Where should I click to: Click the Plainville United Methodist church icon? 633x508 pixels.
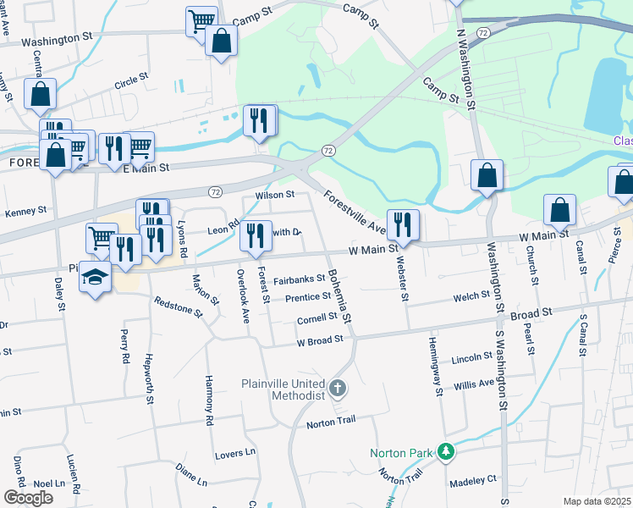pyautogui.click(x=337, y=389)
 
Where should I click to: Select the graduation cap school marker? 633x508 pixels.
pyautogui.click(x=95, y=279)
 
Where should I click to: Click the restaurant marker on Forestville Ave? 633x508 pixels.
pyautogui.click(x=403, y=225)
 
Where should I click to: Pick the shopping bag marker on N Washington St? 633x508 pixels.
pyautogui.click(x=487, y=175)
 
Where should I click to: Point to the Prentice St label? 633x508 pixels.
pyautogui.click(x=307, y=297)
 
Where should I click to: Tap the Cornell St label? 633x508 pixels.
pyautogui.click(x=316, y=319)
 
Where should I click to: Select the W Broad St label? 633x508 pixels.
pyautogui.click(x=319, y=341)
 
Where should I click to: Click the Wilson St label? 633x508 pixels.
pyautogui.click(x=274, y=195)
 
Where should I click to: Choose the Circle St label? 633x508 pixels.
pyautogui.click(x=131, y=86)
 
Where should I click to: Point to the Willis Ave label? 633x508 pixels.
pyautogui.click(x=473, y=383)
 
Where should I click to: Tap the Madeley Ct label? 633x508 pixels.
pyautogui.click(x=473, y=479)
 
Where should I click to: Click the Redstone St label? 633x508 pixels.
pyautogui.click(x=179, y=306)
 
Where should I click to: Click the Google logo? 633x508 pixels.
pyautogui.click(x=28, y=498)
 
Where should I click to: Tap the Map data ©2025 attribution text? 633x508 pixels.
pyautogui.click(x=597, y=501)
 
